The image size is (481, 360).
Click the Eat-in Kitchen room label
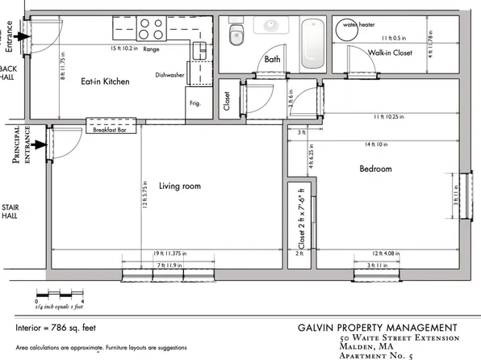click(x=104, y=82)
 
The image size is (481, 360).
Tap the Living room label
click(x=179, y=186)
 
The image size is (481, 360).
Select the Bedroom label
click(x=375, y=169)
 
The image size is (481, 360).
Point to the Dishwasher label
click(x=170, y=75)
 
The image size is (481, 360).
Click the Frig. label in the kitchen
click(x=196, y=104)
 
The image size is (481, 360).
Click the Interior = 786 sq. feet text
click(x=61, y=329)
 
